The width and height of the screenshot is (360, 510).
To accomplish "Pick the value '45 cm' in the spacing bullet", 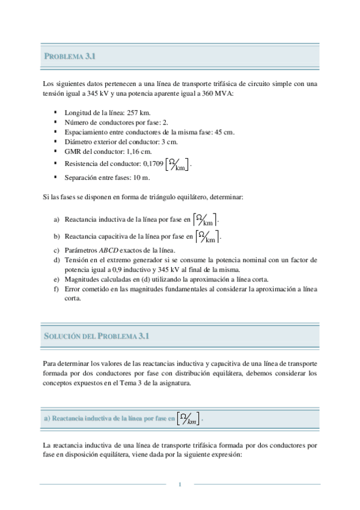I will (x=224, y=132).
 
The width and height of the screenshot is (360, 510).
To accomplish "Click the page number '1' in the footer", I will (x=180, y=485).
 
